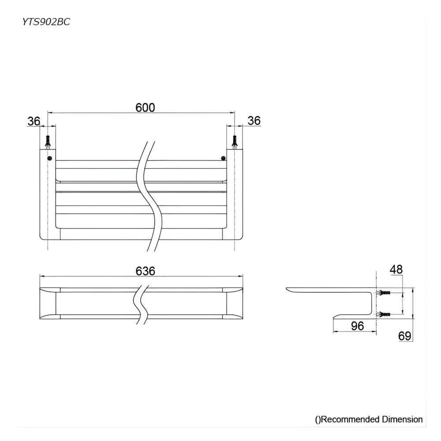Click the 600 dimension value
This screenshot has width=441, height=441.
click(146, 107)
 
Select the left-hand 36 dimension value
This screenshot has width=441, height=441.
click(34, 121)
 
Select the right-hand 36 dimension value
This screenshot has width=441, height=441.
click(254, 120)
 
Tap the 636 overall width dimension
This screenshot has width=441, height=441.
click(146, 271)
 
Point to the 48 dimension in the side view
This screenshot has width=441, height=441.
click(396, 269)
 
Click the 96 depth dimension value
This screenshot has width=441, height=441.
click(358, 326)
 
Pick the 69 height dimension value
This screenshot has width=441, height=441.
click(405, 336)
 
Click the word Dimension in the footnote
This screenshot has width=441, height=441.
click(402, 419)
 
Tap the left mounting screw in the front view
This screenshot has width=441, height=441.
click(48, 142)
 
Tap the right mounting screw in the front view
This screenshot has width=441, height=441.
click(235, 142)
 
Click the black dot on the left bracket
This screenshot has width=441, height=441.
click(49, 158)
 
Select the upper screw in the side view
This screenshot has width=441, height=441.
click(384, 293)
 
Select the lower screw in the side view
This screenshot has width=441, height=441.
click(384, 314)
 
